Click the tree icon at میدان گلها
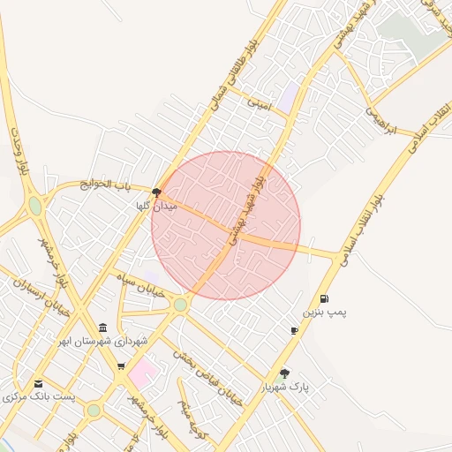click(156, 192)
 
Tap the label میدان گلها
click(156, 206)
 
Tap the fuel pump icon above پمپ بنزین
click(325, 299)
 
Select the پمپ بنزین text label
click(326, 313)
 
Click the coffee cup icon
click(294, 330)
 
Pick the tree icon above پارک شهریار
click(284, 373)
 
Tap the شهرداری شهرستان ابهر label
click(104, 341)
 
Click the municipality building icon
click(104, 328)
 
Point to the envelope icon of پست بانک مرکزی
click(38, 383)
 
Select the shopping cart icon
click(121, 365)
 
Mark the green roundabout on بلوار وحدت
click(34, 206)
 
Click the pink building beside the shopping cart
click(141, 373)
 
